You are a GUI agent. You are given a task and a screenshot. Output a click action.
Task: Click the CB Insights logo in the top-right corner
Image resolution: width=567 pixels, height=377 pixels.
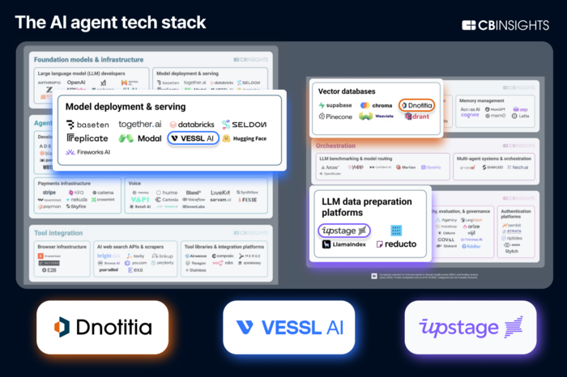point(505,25)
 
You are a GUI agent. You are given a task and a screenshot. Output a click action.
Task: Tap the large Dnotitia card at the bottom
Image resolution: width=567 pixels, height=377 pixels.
point(102,327)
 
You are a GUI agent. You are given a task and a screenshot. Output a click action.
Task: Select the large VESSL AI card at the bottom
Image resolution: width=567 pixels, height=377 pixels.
point(288,327)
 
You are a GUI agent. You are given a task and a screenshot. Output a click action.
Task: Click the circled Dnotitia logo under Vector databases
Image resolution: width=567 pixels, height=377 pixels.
point(416,105)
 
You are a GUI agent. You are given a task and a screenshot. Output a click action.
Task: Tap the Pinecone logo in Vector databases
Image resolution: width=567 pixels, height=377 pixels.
point(335,117)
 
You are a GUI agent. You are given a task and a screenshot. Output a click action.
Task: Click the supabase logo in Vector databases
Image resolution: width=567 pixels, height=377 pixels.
point(336,105)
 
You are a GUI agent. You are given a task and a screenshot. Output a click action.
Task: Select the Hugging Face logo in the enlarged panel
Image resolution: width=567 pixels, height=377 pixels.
point(243,138)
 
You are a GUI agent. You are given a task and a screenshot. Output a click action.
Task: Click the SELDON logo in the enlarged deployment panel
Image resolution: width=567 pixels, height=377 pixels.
point(243,124)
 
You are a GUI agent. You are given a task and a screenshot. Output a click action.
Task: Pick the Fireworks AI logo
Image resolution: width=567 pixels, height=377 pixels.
point(88,152)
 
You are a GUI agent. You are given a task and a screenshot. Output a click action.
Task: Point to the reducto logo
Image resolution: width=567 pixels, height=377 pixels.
point(396,244)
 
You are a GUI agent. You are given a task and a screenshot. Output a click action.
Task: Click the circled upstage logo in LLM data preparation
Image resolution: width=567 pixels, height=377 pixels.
point(344,231)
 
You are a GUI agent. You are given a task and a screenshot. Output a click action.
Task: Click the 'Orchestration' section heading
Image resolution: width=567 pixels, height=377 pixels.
point(337,146)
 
